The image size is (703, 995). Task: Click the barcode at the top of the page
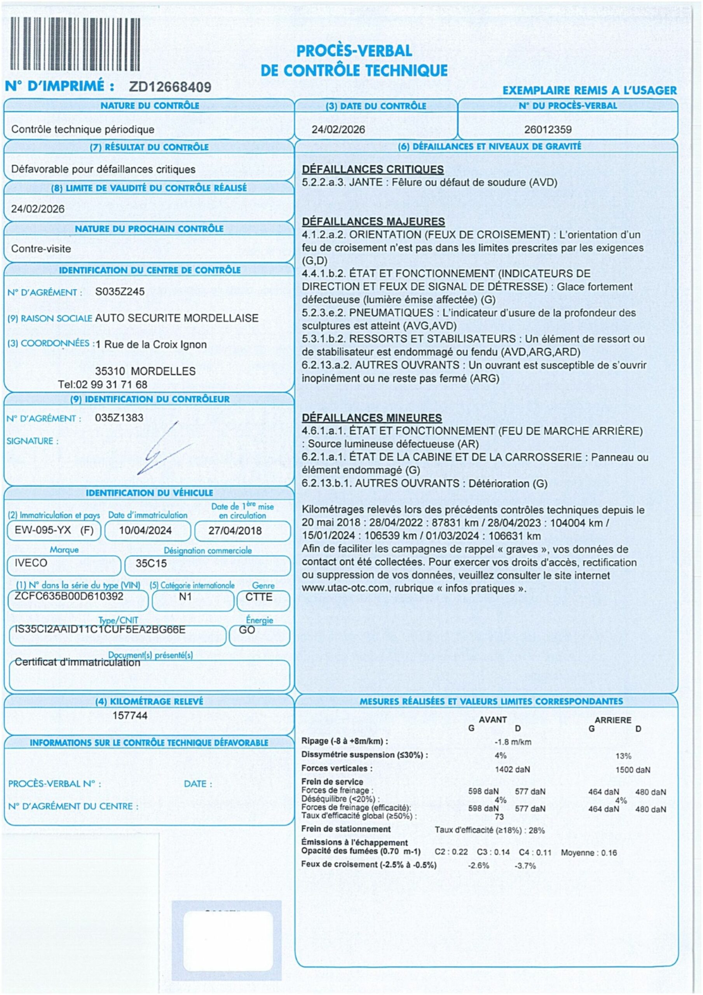(75, 44)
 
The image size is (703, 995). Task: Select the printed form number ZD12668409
(170, 87)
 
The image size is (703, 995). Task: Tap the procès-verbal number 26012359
(548, 129)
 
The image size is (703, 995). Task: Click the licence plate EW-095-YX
(43, 530)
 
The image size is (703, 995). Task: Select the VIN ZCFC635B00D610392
(69, 596)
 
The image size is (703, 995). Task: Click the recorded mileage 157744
(130, 716)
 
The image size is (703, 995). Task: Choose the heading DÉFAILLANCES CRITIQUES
(373, 169)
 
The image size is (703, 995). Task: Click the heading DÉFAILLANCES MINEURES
(372, 418)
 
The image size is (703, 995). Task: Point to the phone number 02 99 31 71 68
(112, 384)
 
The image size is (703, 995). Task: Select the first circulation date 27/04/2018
(235, 531)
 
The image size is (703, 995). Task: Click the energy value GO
(247, 630)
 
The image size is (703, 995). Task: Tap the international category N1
(185, 597)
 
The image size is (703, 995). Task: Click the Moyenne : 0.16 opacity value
(589, 852)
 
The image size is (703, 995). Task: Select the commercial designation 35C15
(151, 563)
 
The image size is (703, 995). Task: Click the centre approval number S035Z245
(120, 292)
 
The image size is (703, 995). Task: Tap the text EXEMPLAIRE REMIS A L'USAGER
(590, 91)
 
